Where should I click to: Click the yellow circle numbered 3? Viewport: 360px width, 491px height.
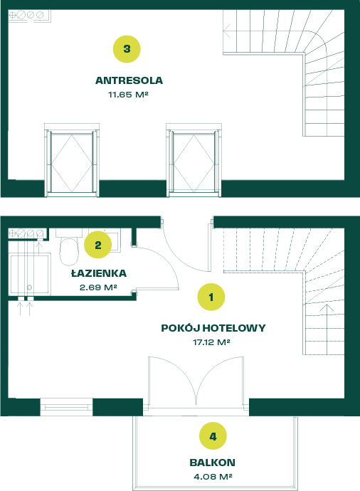pos(127,49)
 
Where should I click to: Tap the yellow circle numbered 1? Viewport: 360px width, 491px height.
pos(211,297)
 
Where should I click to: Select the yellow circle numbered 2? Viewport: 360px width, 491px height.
pos(98,245)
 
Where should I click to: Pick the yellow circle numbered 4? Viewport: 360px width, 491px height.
pos(213,436)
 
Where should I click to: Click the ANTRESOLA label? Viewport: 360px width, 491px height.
pos(129,80)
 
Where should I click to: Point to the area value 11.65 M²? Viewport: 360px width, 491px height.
pos(128,95)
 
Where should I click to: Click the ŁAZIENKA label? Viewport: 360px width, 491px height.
pos(99,273)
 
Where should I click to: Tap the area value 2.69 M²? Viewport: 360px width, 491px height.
pos(98,287)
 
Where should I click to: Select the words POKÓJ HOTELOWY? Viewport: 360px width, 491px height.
pos(213,328)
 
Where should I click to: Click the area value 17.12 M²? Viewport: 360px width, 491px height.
pos(211,342)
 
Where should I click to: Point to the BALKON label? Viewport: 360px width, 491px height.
pos(212,463)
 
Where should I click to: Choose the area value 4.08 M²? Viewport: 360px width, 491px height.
pos(213,477)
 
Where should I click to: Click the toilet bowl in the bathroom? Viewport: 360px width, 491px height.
pos(69,251)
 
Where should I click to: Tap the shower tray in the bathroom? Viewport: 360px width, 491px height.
pos(29,274)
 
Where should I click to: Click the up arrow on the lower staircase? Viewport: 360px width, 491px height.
pos(327,329)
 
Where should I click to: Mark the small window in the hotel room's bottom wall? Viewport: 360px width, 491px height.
pos(66,407)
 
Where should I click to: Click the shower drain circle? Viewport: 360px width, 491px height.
pos(29,287)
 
